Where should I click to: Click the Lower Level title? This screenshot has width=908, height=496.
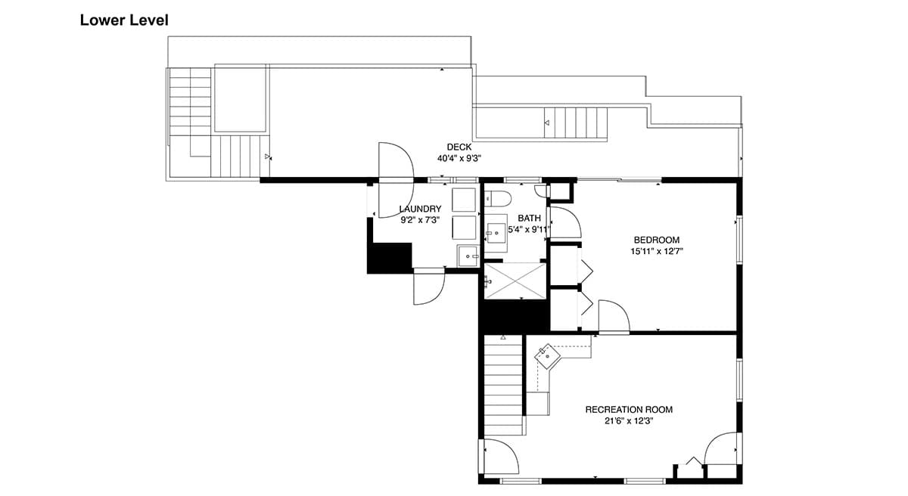pos(124,20)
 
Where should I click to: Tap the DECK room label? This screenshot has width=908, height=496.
pos(459,147)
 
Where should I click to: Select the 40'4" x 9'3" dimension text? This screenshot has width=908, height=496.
pos(459,158)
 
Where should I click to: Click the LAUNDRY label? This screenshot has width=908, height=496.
pos(421,209)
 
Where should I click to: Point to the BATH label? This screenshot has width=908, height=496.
pos(529,219)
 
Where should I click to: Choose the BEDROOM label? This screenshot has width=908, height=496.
pos(657,240)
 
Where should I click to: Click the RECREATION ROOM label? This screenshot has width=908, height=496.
pos(629,410)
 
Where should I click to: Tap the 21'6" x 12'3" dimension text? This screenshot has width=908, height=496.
pos(629,421)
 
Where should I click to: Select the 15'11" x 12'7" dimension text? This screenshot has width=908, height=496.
pos(657,252)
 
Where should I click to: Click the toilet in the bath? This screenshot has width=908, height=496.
pos(498,199)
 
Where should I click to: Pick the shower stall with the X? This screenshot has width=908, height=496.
pos(515,281)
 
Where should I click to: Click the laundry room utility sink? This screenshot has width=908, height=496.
pos(468,256)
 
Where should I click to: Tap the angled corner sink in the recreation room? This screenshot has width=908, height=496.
pos(547,357)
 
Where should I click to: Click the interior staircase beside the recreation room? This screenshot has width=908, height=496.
pos(503,385)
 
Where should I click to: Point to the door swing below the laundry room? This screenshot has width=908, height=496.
pos(428,287)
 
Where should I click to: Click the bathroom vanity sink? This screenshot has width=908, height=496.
pos(496,233)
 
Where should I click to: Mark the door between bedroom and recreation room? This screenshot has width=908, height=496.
pos(614,317)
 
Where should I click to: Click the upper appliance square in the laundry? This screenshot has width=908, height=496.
pos(464,200)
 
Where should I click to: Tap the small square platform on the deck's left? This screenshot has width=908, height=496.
pos(241,98)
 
